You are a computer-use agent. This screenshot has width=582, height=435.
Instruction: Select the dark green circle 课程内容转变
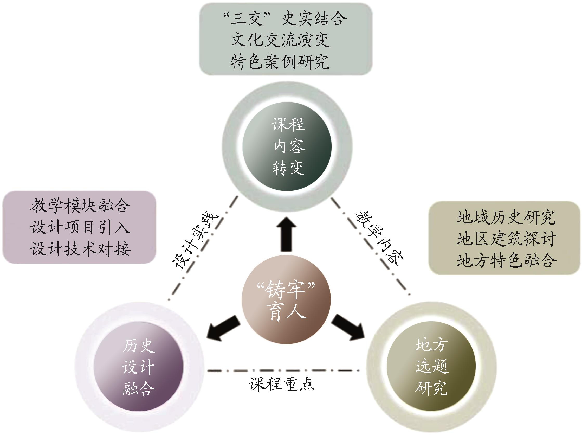tap(287, 146)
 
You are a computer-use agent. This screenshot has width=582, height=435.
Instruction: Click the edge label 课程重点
tap(282, 385)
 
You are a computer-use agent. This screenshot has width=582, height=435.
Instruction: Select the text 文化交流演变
tap(280, 40)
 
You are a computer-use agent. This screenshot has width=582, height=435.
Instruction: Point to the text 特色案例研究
tap(280, 62)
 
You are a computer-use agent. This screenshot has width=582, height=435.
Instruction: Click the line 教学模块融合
tap(80, 206)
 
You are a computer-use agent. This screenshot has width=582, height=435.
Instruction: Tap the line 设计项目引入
tap(80, 227)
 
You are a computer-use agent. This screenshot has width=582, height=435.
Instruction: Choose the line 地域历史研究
tap(506, 217)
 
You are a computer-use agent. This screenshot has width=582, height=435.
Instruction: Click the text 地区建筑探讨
tap(506, 239)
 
